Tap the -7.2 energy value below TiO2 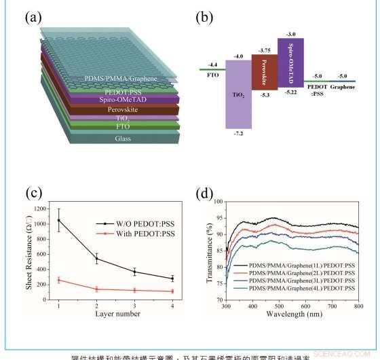[x=238, y=134]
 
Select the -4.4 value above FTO [x=212, y=63]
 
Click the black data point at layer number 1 [x=59, y=220]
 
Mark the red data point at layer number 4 [x=172, y=291]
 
